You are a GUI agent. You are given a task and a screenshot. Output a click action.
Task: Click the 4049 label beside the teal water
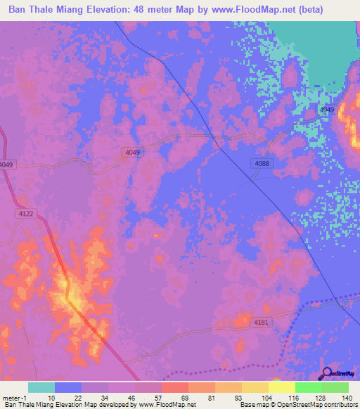(x=327, y=110)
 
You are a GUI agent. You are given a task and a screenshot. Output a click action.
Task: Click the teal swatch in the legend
(x=41, y=387)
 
